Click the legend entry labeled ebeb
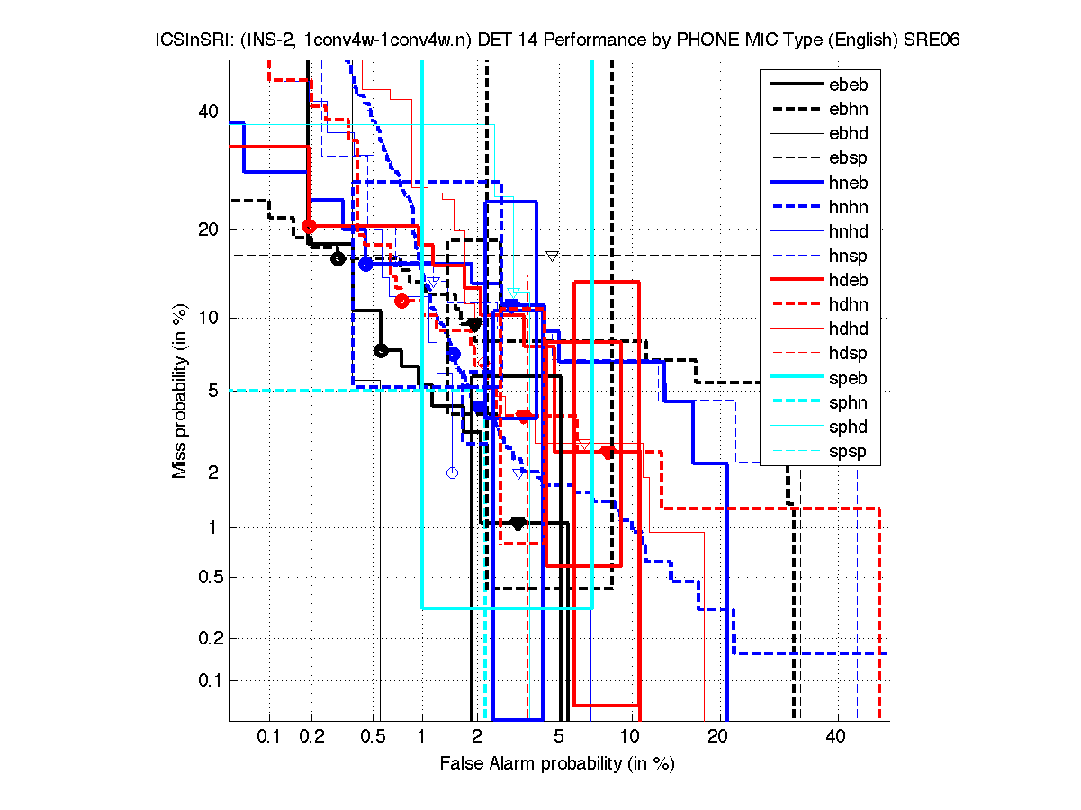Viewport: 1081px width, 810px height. (848, 85)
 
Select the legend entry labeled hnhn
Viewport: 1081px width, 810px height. (848, 207)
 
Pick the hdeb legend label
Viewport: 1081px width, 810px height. (848, 280)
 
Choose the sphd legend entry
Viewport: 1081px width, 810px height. (848, 427)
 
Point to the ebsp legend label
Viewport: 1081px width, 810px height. (848, 158)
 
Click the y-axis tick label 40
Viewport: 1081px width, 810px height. (208, 112)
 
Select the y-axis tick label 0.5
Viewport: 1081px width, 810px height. (204, 577)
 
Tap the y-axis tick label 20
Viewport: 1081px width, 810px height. (208, 229)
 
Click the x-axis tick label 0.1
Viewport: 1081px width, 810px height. (269, 736)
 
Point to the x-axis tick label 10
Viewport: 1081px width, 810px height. (632, 736)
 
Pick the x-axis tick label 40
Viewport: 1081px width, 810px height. (836, 736)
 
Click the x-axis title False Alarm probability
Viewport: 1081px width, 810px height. (556, 764)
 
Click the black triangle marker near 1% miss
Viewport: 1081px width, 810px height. (518, 524)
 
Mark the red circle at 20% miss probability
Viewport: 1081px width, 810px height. (310, 226)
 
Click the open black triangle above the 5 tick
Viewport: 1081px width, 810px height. (553, 256)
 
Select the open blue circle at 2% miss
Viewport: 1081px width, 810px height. (453, 472)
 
